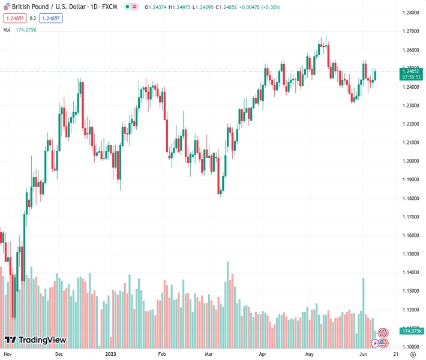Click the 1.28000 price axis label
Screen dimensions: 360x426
coord(411,13)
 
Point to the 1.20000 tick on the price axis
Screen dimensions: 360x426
coord(411,161)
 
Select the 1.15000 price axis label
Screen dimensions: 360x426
coord(411,254)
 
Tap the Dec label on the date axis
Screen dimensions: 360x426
coord(59,355)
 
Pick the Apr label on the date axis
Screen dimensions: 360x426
coord(263,355)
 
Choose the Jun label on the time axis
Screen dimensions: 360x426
coord(363,355)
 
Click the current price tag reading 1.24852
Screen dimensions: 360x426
coord(411,71)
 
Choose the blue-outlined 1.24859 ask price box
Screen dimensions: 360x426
coord(51,18)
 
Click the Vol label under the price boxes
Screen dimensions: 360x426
coord(7,29)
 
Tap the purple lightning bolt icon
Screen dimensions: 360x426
coord(376,343)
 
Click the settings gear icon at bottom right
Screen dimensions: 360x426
coord(412,355)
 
